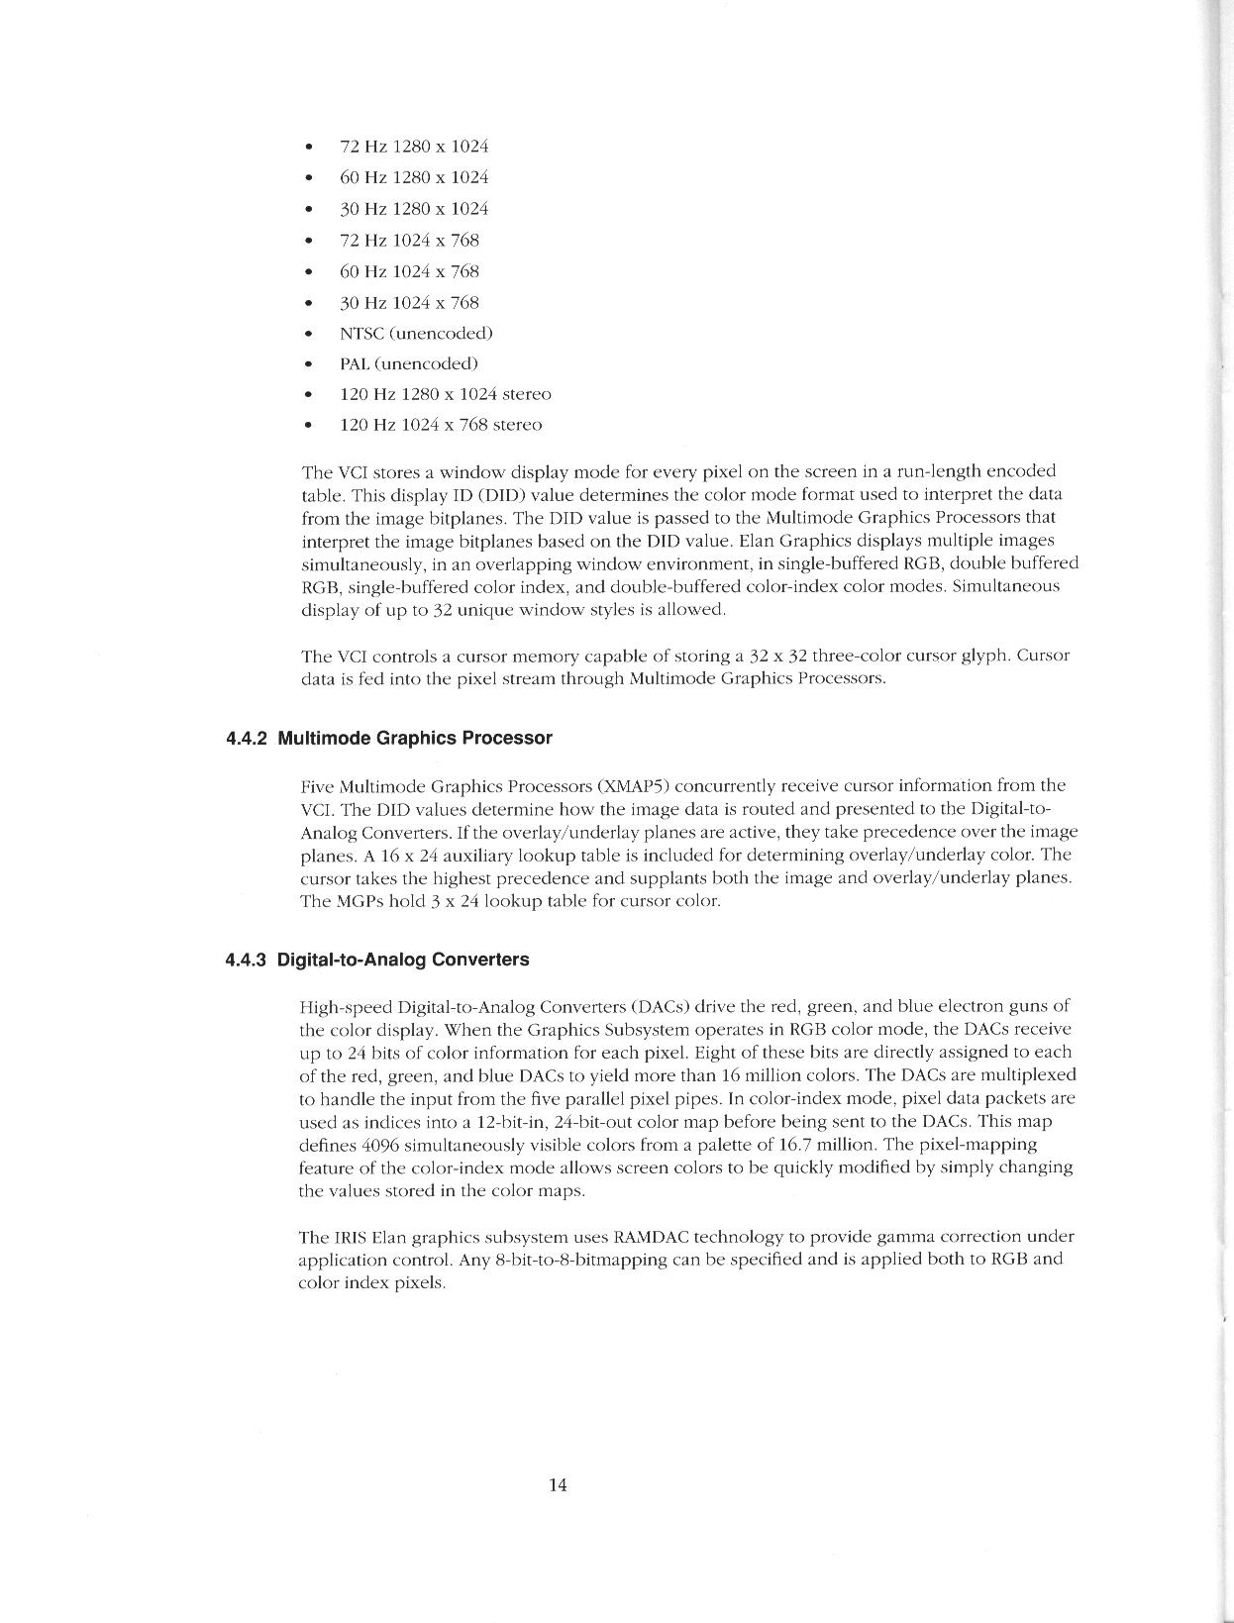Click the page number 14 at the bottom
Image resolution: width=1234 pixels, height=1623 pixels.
[558, 1484]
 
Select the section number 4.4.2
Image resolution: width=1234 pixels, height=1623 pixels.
[247, 738]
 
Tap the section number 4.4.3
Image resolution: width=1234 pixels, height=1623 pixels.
[247, 960]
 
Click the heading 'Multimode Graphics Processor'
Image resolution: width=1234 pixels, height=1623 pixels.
[414, 738]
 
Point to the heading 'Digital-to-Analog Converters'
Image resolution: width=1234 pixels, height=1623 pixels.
[403, 960]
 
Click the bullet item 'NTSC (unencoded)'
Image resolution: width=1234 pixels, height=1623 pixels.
[416, 333]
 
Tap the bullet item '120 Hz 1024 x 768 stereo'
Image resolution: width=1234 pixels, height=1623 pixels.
[441, 425]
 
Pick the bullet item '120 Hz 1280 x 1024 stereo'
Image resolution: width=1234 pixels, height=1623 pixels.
[446, 394]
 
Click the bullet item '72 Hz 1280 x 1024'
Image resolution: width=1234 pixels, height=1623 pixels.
[414, 147]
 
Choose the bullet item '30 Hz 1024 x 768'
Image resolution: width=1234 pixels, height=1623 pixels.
[409, 302]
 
